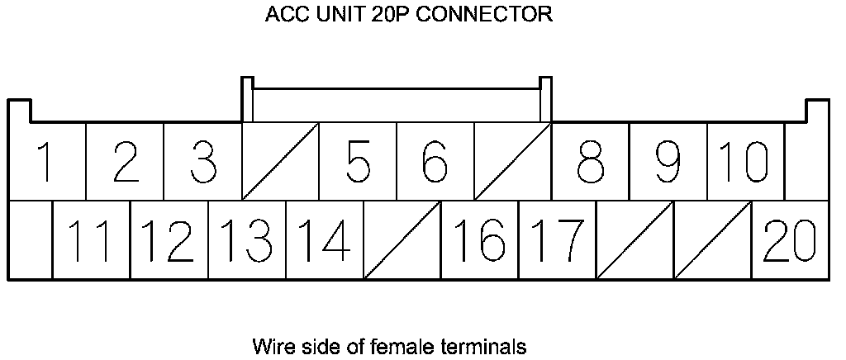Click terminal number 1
point(47,162)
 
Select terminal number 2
point(125,162)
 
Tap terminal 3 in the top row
point(202,162)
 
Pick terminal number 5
point(358,162)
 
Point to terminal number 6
point(435,162)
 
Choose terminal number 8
point(590,162)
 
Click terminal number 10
point(745,162)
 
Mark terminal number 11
point(91,240)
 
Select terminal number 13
point(247,240)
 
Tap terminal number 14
point(324,240)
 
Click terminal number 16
point(479,240)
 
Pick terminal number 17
point(557,240)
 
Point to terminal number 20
point(791,240)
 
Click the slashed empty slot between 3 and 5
point(280,162)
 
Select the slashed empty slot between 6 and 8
point(513,162)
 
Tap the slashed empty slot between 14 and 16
point(402,240)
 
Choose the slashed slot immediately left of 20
point(712,240)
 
